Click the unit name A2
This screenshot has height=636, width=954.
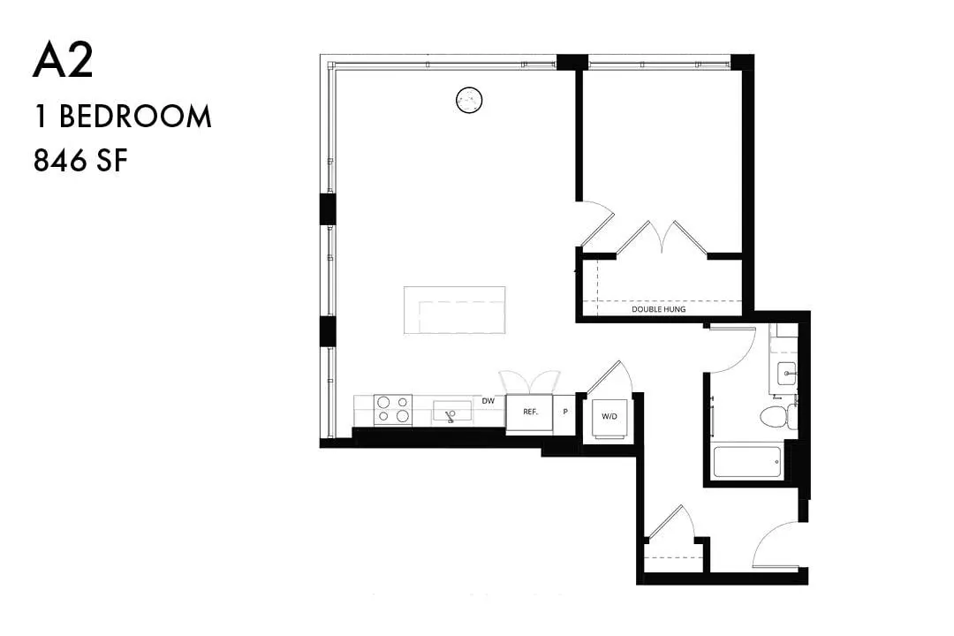pyautogui.click(x=63, y=62)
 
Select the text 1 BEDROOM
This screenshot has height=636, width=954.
pyautogui.click(x=123, y=117)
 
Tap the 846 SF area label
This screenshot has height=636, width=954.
pyautogui.click(x=80, y=161)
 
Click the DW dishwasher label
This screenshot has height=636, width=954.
pyautogui.click(x=488, y=401)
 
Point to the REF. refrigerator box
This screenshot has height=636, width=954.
pyautogui.click(x=530, y=413)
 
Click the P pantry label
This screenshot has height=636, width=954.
pyautogui.click(x=565, y=412)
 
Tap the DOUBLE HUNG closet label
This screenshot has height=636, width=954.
pyautogui.click(x=658, y=309)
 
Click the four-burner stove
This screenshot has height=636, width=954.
pyautogui.click(x=392, y=410)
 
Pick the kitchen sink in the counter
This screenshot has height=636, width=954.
pyautogui.click(x=451, y=412)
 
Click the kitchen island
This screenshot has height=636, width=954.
pyautogui.click(x=455, y=310)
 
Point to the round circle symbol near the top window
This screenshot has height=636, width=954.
pyautogui.click(x=469, y=100)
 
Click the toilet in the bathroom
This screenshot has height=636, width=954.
pyautogui.click(x=777, y=417)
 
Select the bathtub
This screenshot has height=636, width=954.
pyautogui.click(x=747, y=463)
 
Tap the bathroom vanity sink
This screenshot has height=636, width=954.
pyautogui.click(x=787, y=373)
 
